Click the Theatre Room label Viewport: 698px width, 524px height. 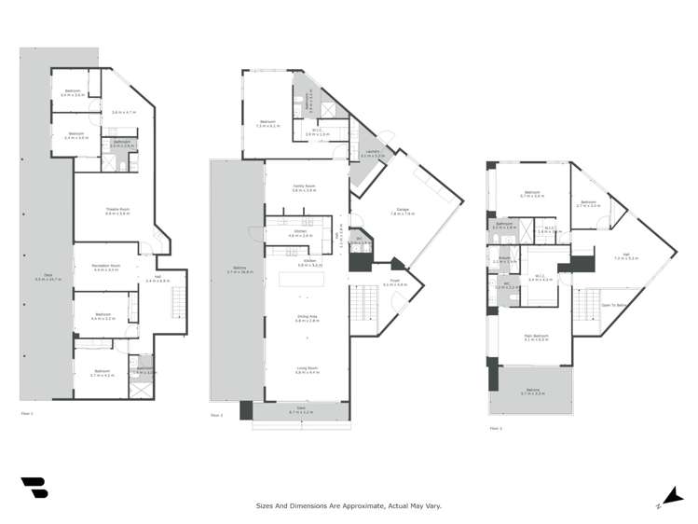click(116, 209)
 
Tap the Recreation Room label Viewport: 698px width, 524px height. click(106, 267)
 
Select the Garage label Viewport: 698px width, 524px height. click(403, 212)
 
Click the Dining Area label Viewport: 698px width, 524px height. click(307, 318)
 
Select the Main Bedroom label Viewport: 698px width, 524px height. click(534, 338)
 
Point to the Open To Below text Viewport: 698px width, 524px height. click(615, 305)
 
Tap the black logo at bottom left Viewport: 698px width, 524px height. click(34, 488)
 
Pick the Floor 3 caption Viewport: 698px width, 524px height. click(495, 429)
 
